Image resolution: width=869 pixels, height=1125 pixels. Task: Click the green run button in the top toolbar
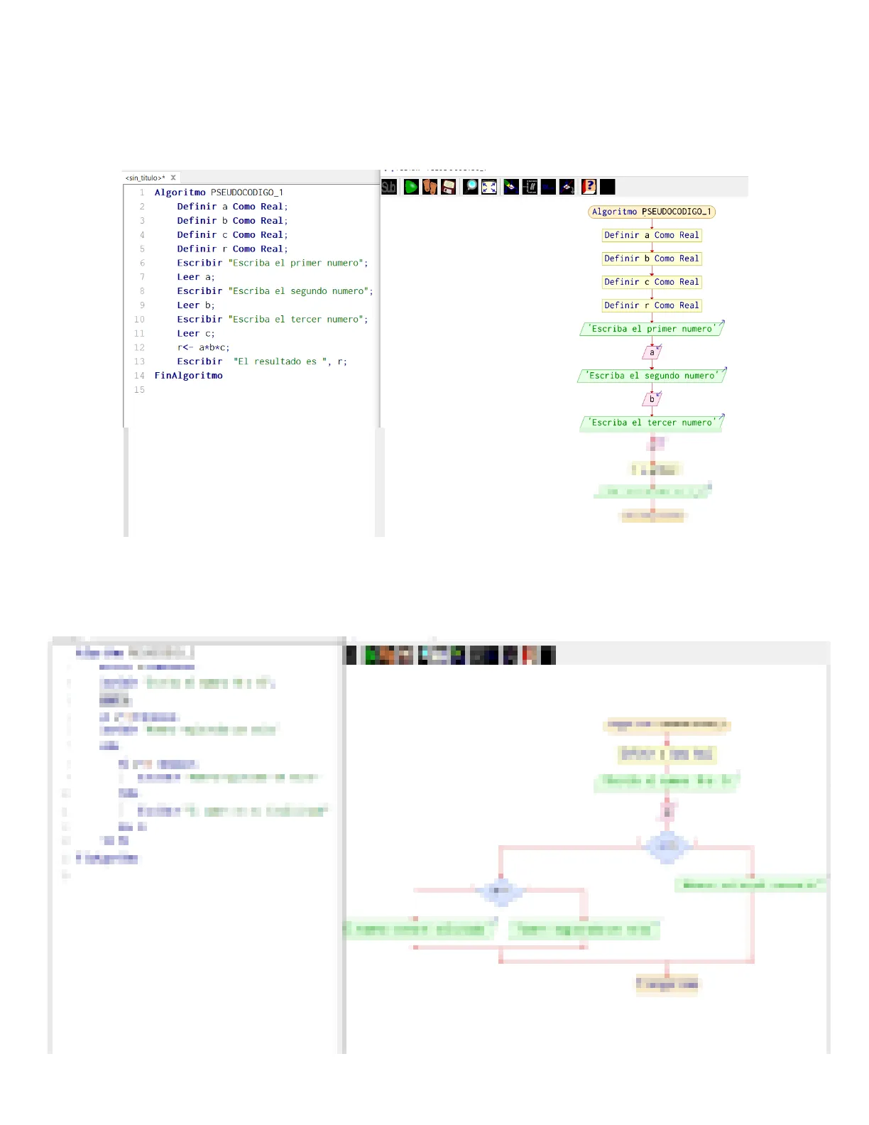click(411, 187)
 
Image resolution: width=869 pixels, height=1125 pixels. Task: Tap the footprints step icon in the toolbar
click(430, 187)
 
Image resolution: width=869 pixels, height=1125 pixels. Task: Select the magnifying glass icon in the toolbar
click(471, 187)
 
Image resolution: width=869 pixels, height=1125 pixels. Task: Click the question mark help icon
click(589, 187)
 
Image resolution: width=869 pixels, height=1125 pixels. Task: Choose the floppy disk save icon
click(448, 187)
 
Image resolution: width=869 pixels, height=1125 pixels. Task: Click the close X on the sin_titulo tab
click(173, 178)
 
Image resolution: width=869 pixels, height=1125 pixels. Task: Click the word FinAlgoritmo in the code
click(188, 376)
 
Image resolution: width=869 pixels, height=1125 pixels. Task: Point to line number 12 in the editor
click(139, 347)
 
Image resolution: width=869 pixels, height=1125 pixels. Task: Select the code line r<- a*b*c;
click(203, 347)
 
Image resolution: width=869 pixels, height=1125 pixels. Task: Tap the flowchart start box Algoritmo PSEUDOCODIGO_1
click(651, 212)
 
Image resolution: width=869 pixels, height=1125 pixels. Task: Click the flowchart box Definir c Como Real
click(651, 282)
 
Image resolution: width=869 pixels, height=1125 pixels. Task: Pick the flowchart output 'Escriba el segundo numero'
click(651, 376)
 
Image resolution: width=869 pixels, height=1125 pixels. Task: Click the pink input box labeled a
click(652, 352)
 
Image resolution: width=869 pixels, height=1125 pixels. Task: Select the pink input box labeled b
click(652, 399)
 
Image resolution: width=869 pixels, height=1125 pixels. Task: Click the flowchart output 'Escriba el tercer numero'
click(651, 423)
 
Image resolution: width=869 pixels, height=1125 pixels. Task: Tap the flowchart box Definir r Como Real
click(651, 305)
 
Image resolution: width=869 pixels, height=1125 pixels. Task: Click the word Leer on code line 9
click(188, 305)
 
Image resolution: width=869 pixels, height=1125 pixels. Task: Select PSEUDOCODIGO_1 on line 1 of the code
click(247, 192)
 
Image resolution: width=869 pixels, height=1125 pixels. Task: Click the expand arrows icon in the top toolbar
click(489, 187)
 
